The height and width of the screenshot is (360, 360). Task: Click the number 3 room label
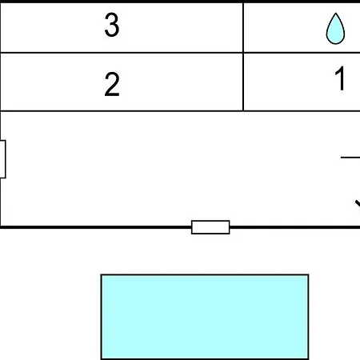(112, 25)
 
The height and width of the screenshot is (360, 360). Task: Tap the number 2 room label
(112, 84)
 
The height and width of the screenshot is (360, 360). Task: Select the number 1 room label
(340, 78)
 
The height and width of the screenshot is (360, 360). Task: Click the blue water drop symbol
(335, 29)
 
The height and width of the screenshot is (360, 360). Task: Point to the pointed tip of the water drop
(335, 13)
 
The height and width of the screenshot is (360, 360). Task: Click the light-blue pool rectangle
(205, 317)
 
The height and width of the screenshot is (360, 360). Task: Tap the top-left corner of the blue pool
(101, 274)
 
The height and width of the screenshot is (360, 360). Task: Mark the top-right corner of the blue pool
(309, 274)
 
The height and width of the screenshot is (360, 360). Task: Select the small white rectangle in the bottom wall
(210, 227)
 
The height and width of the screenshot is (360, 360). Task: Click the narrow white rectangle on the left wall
(2, 159)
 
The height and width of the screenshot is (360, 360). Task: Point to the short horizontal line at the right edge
(350, 158)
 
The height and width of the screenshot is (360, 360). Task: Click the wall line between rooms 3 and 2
(122, 53)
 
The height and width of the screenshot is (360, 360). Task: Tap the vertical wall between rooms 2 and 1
(243, 82)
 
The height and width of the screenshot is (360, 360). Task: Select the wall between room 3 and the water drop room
(243, 28)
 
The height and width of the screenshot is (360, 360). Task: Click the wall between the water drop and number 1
(302, 53)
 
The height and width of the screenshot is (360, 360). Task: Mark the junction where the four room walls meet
(243, 53)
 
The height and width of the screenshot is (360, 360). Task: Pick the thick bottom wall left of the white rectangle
(96, 227)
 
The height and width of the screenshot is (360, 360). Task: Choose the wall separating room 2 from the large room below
(122, 110)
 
